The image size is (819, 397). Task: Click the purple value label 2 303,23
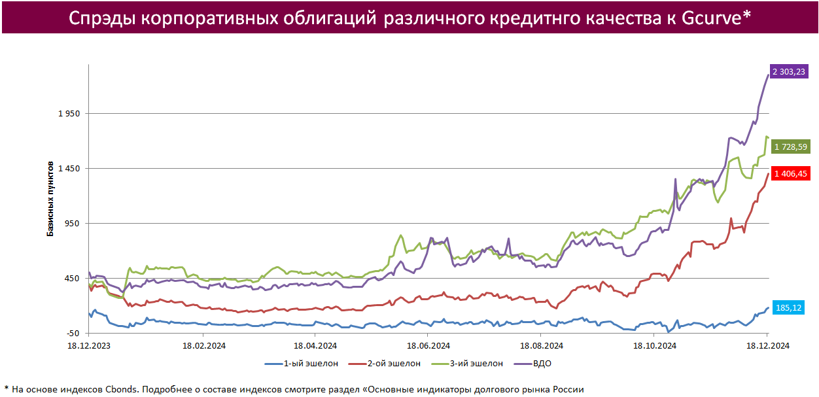[x=789, y=72]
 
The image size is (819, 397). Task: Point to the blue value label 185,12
[x=788, y=308]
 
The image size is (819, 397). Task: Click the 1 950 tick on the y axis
[x=69, y=114]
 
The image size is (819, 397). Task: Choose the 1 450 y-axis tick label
[x=69, y=169]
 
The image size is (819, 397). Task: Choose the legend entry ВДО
[x=542, y=364]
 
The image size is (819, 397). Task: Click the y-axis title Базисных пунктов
[x=50, y=197]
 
